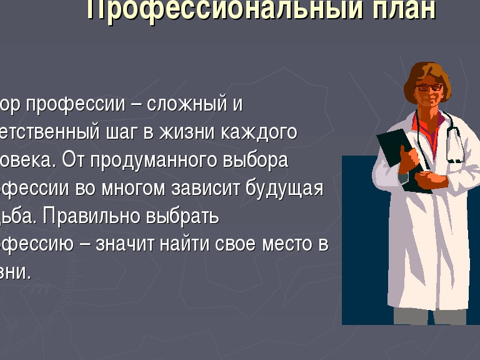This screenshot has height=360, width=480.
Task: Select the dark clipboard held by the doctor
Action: coord(400,156)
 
